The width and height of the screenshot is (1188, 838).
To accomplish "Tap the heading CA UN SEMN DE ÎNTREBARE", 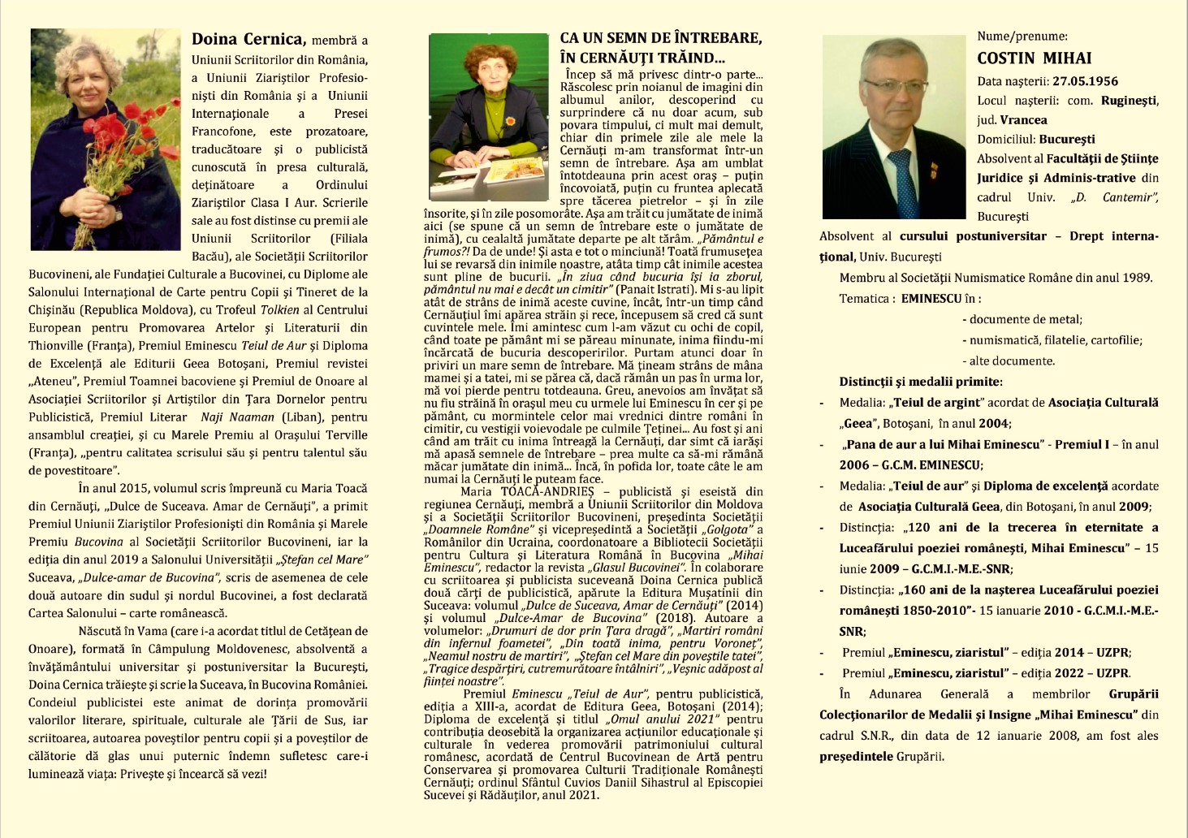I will click(660, 38).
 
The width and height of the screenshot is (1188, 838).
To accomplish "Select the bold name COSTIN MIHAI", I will click(1034, 58).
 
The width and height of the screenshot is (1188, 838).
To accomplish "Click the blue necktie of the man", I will click(904, 183).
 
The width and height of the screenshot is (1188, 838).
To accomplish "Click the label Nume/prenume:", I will click(1022, 36).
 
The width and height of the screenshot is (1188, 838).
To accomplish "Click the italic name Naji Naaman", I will click(231, 417).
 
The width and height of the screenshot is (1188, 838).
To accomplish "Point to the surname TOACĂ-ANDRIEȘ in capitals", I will click(555, 491).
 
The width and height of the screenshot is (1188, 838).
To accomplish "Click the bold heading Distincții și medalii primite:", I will click(921, 382).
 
